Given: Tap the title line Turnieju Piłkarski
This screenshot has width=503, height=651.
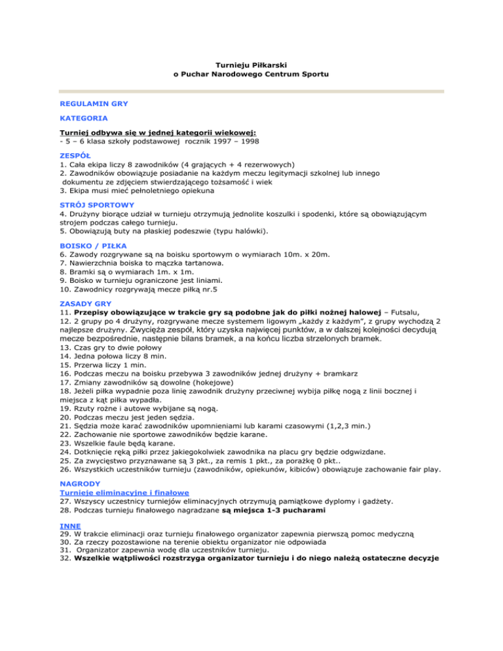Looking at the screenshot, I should [x=251, y=64].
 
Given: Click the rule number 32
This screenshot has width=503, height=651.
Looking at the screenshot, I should [x=64, y=561].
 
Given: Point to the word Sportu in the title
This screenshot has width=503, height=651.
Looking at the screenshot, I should [x=314, y=75].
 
